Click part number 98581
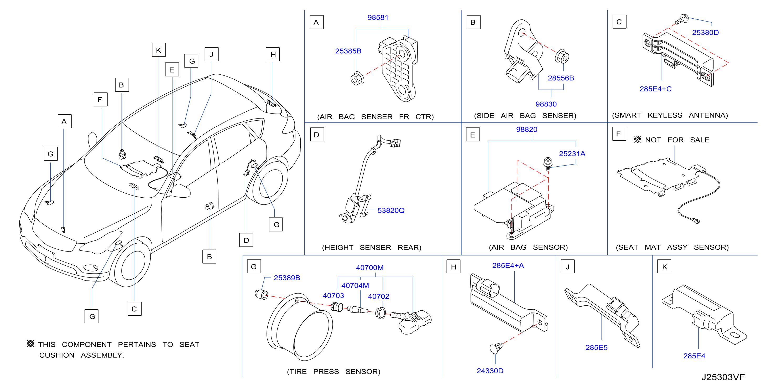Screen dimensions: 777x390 tap(378, 18)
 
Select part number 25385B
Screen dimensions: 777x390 tap(348, 51)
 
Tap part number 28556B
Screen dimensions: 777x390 tap(561, 78)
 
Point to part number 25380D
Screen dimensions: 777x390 tap(705, 32)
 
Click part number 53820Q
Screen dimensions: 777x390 tap(391, 211)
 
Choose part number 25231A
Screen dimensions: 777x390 tap(572, 154)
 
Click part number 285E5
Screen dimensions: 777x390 tap(596, 347)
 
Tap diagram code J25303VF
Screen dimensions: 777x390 tap(723, 377)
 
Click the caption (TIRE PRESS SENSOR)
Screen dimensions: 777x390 tap(333, 372)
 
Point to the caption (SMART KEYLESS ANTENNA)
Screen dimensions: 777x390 tap(670, 115)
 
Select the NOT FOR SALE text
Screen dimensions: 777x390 tap(677, 140)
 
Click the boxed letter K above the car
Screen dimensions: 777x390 tap(159, 50)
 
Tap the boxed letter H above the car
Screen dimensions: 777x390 tap(273, 54)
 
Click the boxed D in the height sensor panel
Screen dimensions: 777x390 tap(317, 135)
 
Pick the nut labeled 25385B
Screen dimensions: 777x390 tap(357, 79)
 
